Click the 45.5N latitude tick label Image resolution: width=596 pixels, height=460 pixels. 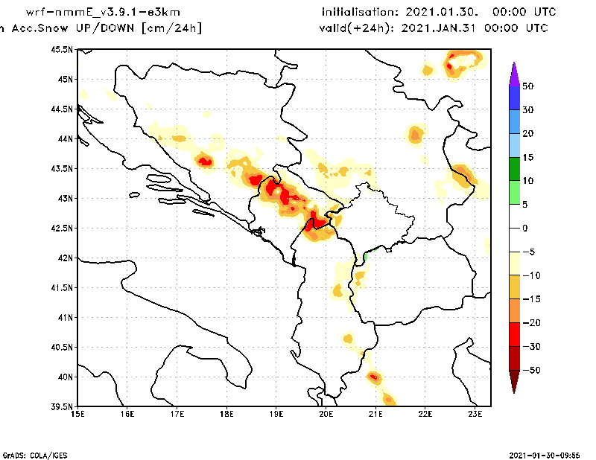coord(63,49)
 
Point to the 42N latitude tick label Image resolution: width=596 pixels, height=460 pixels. coord(66,258)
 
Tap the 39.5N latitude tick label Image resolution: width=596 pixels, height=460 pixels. coord(63,406)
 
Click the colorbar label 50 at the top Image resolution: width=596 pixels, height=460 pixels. coord(527,86)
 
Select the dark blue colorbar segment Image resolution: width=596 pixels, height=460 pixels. coord(513,98)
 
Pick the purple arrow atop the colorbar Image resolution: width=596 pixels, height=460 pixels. coord(513,73)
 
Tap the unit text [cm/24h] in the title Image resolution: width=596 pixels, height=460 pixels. coord(171,28)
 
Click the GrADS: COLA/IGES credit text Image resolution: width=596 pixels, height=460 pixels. coord(29,454)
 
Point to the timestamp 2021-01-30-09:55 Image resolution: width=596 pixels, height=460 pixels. coord(548,454)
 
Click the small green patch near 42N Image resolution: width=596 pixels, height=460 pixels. coord(365,258)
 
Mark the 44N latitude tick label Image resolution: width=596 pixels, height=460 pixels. coord(66,138)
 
